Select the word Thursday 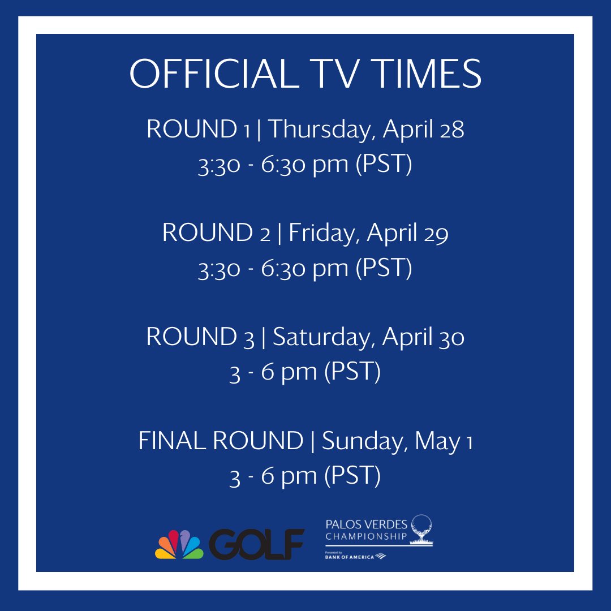321,130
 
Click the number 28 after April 451,130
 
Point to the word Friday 322,233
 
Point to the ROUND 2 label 216,233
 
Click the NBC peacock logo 179,544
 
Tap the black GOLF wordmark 256,544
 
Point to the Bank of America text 350,557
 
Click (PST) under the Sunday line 352,476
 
